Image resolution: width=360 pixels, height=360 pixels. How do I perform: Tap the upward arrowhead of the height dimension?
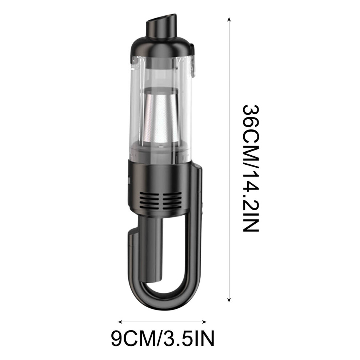(x=229, y=19)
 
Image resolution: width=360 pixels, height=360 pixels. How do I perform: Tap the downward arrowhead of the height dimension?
(x=229, y=299)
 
